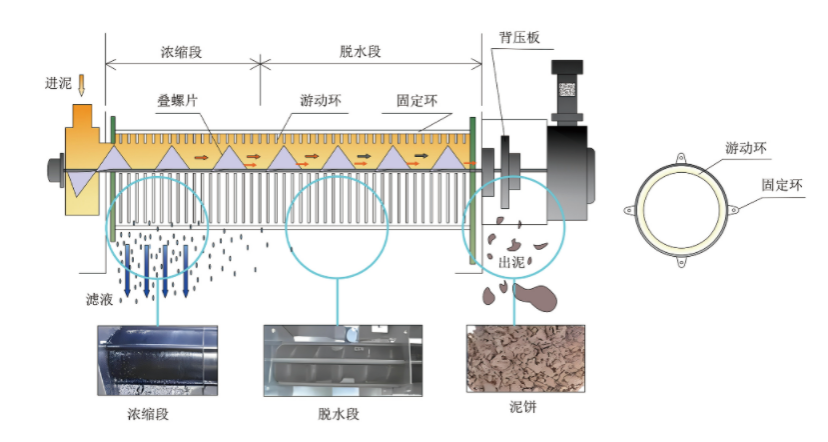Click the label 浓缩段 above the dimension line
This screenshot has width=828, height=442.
pos(182,50)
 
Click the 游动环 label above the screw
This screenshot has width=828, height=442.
pos(319,101)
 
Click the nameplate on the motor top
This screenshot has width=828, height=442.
pos(567,88)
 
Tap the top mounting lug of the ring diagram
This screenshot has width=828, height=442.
pos(681,158)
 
